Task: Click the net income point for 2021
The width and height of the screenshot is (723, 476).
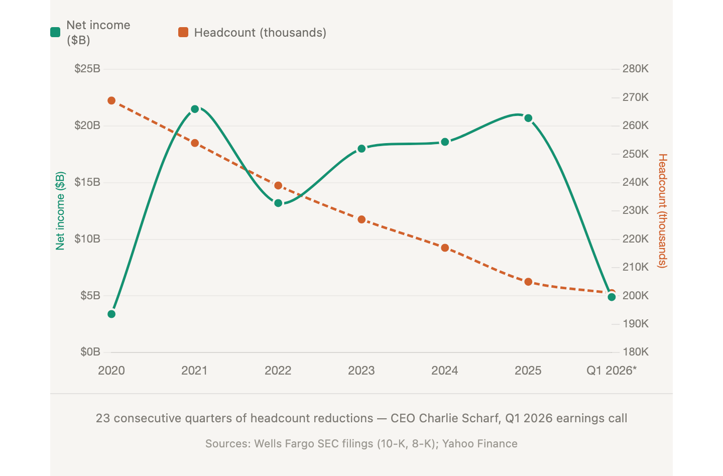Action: coord(195,109)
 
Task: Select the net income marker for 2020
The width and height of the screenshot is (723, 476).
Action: coord(111,314)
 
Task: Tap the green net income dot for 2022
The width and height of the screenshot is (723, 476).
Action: coord(278,203)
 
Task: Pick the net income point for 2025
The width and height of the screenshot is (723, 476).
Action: coord(528,118)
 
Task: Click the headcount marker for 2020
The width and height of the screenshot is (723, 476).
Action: coord(111,101)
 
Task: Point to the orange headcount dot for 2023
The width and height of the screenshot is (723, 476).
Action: coord(361,219)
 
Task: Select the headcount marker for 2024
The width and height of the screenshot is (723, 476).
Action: coord(445,248)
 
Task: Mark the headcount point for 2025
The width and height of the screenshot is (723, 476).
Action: coord(528,282)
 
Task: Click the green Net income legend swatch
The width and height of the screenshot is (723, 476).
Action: coord(56,33)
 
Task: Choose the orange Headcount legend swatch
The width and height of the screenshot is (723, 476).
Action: coord(183,33)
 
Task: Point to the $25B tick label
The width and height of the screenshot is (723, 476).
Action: coord(87,69)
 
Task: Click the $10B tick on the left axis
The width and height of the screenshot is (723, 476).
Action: coord(87,239)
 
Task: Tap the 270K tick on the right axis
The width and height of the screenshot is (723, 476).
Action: coord(636,97)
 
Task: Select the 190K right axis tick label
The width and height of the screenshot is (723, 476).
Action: coord(636,324)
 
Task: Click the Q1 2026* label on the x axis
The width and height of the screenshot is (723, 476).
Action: coord(612,371)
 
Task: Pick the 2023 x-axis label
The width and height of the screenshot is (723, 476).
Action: coord(361,371)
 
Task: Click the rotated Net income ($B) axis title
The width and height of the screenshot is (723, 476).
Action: coord(60,211)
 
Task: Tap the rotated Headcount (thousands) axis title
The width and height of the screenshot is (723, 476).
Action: coord(663,211)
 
